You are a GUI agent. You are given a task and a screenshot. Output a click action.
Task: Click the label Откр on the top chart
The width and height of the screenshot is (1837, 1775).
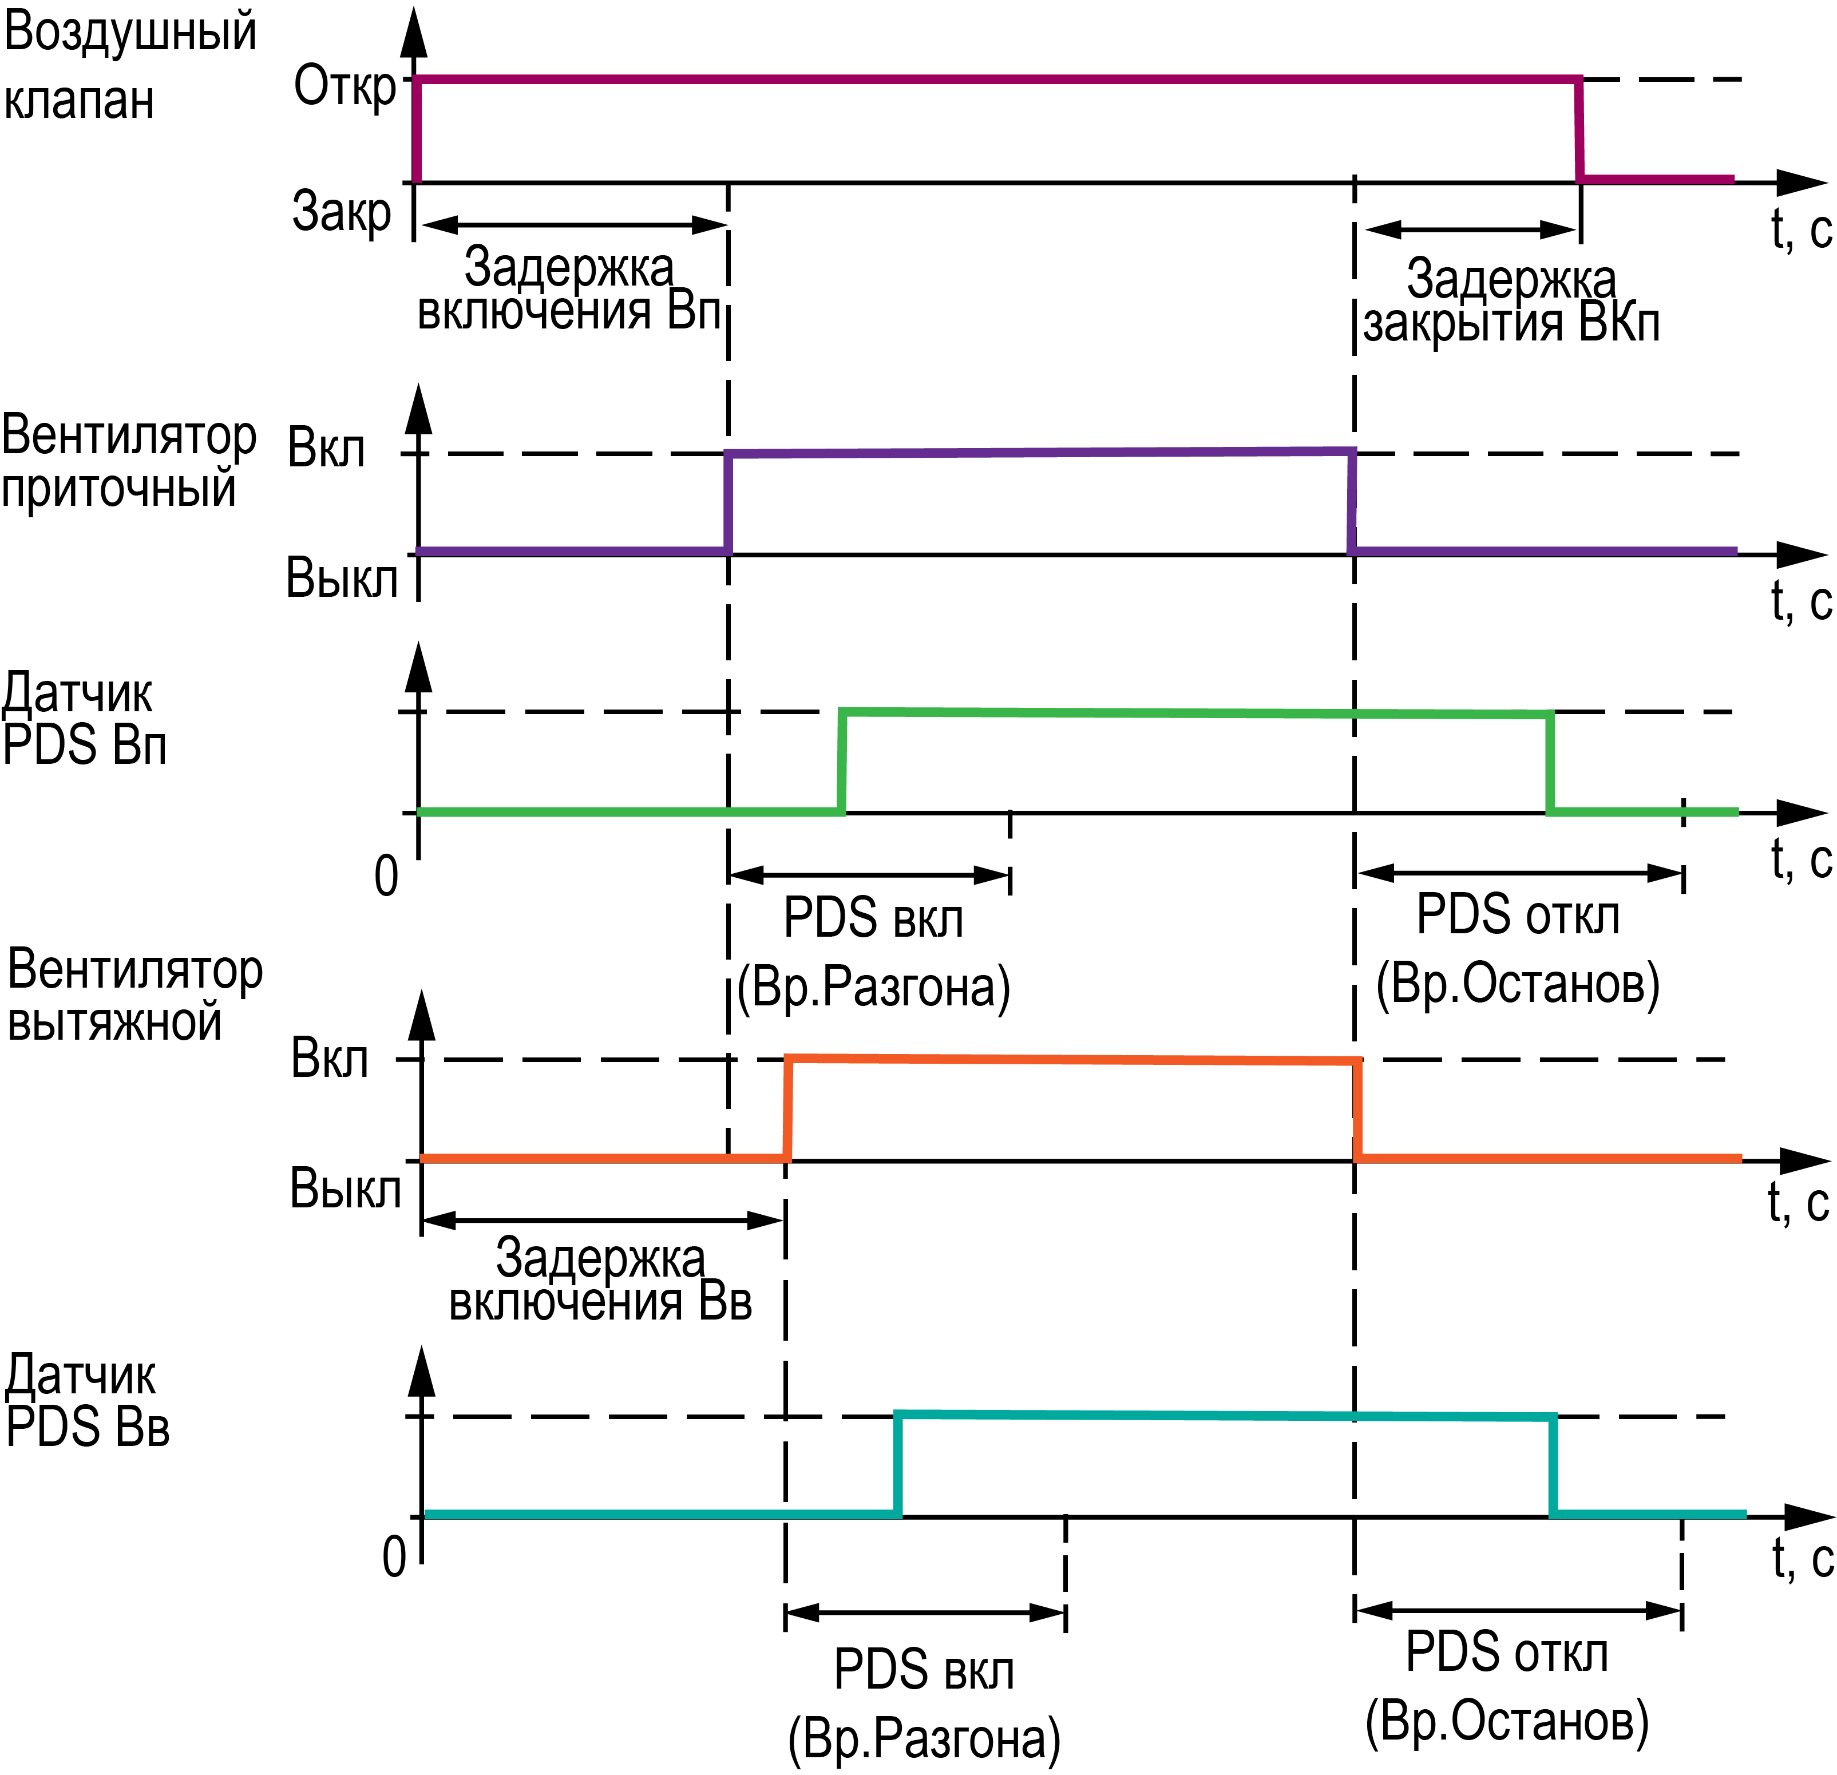345,87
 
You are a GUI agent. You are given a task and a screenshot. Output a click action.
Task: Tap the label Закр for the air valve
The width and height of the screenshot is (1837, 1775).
341,211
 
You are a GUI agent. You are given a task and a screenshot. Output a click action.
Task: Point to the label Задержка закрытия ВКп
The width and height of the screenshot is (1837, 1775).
1511,301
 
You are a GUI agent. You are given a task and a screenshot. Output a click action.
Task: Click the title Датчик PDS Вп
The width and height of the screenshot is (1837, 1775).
84,720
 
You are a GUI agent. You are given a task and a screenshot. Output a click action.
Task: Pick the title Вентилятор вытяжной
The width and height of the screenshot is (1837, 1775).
134,995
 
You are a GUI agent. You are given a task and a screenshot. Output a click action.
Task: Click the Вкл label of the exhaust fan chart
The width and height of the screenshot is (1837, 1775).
330,1059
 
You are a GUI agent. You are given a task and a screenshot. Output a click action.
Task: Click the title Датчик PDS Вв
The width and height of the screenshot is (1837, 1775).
87,1402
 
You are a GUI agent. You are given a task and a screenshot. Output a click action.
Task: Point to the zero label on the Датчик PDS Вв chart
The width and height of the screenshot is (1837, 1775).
394,1558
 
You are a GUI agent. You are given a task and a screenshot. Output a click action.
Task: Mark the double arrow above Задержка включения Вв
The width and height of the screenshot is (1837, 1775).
601,1220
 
